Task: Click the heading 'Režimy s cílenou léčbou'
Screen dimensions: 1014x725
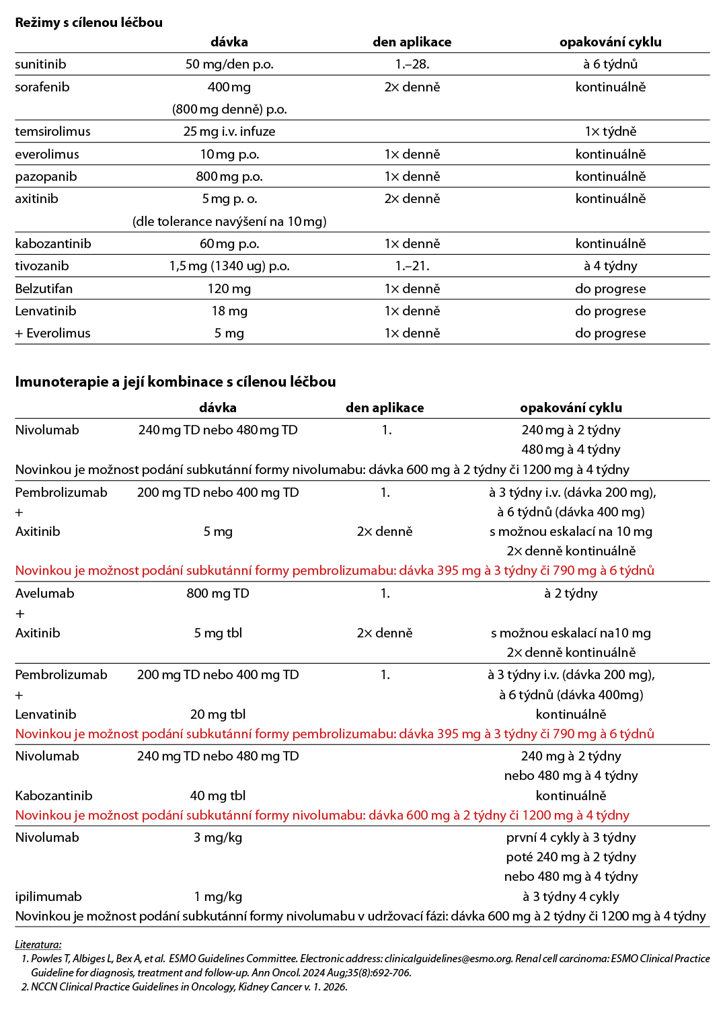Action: (x=89, y=22)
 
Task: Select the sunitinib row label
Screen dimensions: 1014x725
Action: (x=40, y=65)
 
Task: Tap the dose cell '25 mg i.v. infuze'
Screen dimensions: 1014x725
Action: (x=229, y=132)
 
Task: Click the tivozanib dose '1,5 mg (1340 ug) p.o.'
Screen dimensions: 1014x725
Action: (x=229, y=266)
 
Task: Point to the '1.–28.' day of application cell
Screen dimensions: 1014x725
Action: (x=412, y=65)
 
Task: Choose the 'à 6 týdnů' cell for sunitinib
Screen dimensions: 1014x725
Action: (x=610, y=65)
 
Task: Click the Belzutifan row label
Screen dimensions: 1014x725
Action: (x=44, y=289)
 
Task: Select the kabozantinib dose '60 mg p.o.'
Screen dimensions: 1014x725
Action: (x=229, y=244)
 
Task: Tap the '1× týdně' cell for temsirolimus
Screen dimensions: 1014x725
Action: (x=610, y=132)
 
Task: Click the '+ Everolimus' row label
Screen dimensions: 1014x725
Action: (x=52, y=334)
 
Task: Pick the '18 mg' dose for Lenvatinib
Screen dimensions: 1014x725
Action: (x=229, y=311)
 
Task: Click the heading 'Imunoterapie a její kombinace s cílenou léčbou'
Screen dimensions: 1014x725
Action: (x=176, y=382)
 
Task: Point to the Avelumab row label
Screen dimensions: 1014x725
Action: (x=44, y=594)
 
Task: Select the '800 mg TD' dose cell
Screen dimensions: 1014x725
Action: (x=218, y=594)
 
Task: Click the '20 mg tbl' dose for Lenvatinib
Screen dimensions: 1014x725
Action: (x=218, y=715)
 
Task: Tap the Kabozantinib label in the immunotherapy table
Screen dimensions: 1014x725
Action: (x=54, y=796)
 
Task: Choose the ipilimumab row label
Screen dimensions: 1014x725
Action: (x=48, y=897)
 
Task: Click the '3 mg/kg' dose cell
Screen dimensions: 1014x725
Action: (x=218, y=838)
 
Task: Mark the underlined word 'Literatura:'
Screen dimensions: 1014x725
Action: (x=38, y=945)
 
